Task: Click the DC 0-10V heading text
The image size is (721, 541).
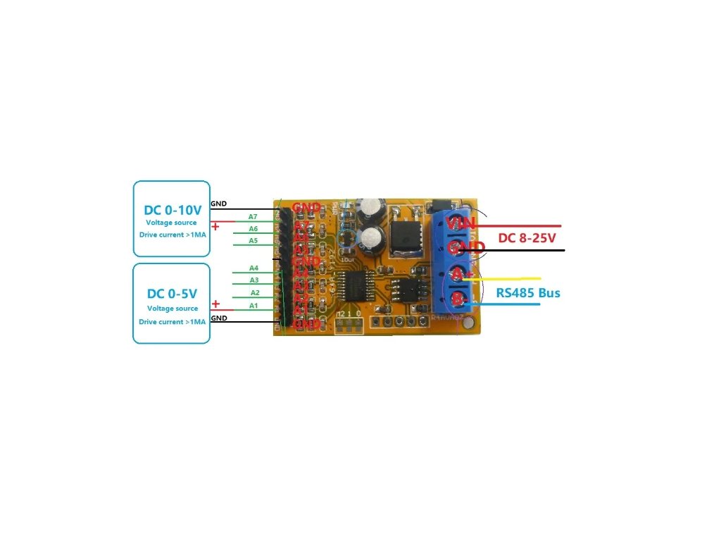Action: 172,210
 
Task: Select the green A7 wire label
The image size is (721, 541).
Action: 253,216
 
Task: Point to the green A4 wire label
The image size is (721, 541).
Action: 253,268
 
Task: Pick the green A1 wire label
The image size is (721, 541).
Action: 253,306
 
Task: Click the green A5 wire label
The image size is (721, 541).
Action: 253,241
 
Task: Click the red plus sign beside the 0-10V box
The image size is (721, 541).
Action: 215,227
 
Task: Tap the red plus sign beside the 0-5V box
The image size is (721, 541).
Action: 216,304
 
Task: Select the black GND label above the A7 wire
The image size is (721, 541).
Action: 219,204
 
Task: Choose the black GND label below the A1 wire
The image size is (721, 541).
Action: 219,318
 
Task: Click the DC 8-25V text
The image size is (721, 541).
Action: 525,237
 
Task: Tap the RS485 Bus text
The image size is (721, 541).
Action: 528,292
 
